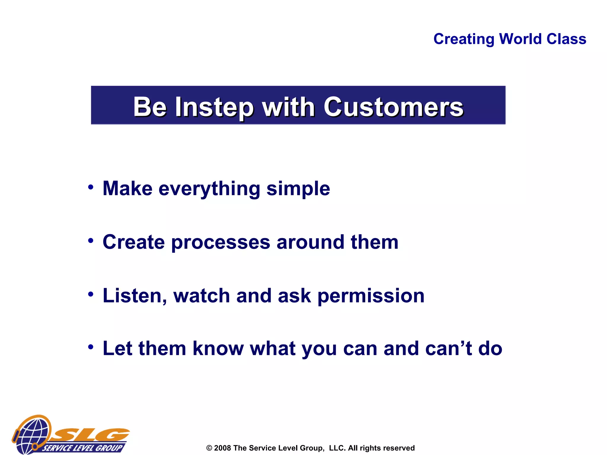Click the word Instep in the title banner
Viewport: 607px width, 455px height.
click(x=214, y=107)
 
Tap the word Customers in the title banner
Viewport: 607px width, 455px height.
click(x=393, y=107)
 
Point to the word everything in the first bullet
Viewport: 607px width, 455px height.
click(x=209, y=189)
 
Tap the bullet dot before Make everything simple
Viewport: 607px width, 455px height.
click(x=91, y=187)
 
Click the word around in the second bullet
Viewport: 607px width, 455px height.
click(x=310, y=242)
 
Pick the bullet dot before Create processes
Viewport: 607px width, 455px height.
click(x=91, y=241)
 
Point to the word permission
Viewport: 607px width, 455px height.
click(x=371, y=297)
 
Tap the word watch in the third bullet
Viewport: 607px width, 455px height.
click(x=202, y=296)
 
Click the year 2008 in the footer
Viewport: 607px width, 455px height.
click(x=222, y=448)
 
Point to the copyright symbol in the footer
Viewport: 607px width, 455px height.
click(x=209, y=448)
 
